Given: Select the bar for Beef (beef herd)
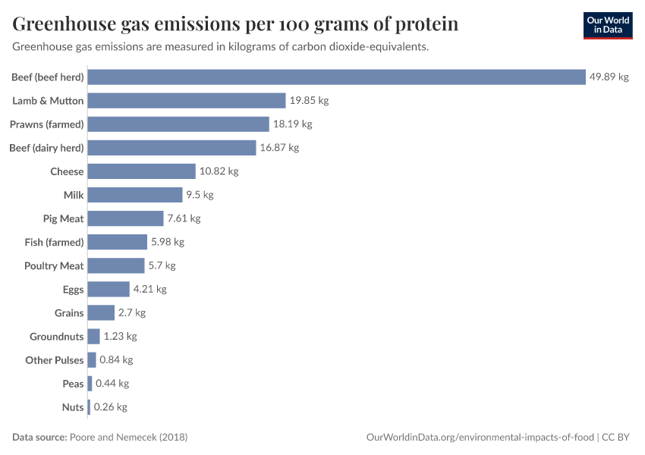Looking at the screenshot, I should coord(337,77).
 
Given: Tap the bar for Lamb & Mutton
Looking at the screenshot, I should coord(187,101).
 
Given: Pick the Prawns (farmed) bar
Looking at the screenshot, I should coord(178,124).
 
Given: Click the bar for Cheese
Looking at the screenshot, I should coord(142,171).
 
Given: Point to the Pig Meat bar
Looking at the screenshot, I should coord(126,218).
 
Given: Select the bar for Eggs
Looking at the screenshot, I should coord(109,289).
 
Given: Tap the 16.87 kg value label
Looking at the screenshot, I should coord(279,148).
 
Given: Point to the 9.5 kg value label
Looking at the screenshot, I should coord(200,195).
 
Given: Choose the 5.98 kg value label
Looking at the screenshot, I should coord(168,242).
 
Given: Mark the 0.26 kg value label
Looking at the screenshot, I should coord(110,407).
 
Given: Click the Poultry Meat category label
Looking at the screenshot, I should coord(54,265).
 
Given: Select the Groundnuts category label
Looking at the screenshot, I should coord(57,337).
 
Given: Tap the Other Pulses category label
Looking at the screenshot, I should coord(55,360).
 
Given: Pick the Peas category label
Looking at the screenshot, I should coord(73,384).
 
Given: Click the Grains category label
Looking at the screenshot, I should coord(69,312).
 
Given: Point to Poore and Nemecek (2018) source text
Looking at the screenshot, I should coord(128,438).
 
